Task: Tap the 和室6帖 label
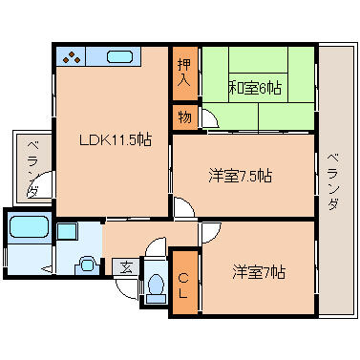(255, 89)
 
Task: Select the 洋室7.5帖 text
(240, 176)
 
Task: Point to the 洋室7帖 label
(258, 272)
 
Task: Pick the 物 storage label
(184, 118)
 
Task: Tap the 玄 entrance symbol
(125, 266)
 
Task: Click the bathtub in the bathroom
(28, 230)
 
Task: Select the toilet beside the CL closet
(156, 286)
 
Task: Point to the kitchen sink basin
(119, 57)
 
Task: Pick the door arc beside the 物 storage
(208, 122)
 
